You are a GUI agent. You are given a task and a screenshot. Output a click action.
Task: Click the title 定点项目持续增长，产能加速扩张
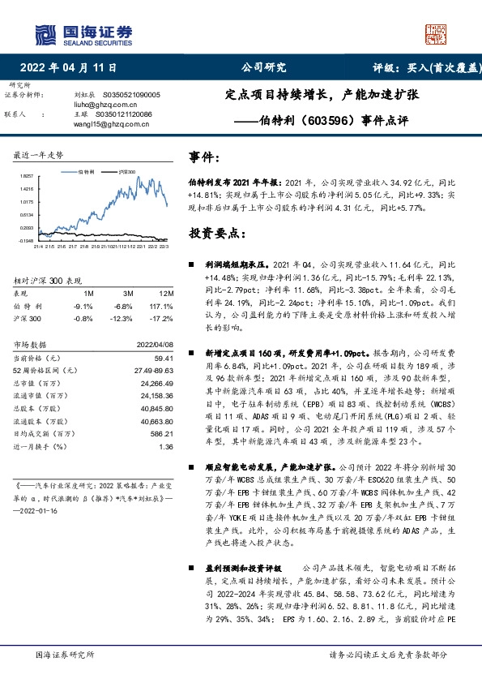click(322, 95)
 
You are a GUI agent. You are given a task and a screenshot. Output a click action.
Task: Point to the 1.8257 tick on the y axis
click(28, 175)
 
